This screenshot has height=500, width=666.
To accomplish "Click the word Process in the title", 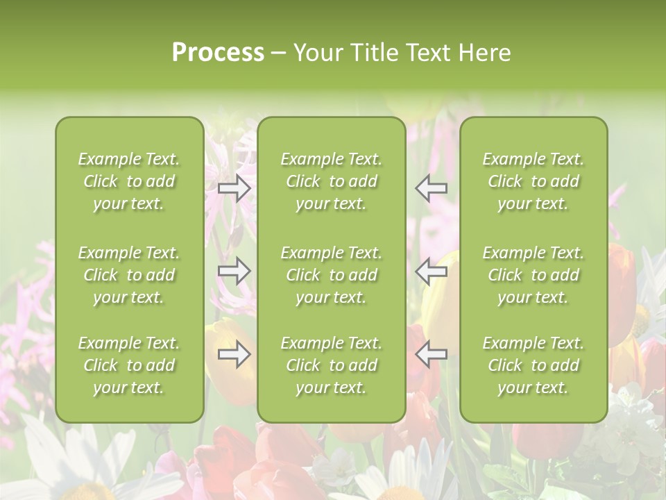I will click(218, 53).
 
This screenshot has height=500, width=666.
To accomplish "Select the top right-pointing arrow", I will click(234, 187).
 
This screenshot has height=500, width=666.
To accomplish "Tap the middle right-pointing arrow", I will click(234, 272).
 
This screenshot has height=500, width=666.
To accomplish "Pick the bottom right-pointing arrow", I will click(234, 355).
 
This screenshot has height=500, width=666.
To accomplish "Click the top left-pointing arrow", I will click(432, 187).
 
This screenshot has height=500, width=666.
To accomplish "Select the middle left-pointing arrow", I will click(432, 272).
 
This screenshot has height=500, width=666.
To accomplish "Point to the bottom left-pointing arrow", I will click(432, 355).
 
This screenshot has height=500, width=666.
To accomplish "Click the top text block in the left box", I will click(129, 181).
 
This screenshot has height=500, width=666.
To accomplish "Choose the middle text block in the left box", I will click(129, 275).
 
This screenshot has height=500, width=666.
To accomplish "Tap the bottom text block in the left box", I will click(129, 365).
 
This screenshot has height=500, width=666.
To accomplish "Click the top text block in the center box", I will click(332, 181).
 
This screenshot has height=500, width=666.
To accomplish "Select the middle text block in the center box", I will click(332, 275).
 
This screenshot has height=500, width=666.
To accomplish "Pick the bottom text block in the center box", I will click(332, 365).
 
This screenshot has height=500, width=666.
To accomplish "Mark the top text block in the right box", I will click(533, 181).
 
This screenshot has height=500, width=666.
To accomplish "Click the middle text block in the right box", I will click(533, 275).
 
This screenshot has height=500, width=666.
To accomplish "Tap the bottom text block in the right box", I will click(533, 365).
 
